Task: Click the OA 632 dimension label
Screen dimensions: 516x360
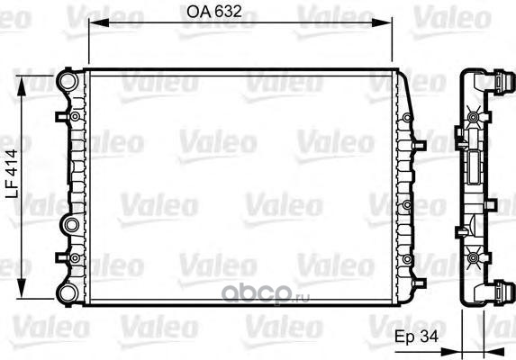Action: point(214,12)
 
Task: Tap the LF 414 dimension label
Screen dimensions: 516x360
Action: point(13,174)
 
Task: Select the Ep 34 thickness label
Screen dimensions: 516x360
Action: point(417,336)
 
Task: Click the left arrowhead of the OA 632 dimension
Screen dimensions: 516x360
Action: point(99,22)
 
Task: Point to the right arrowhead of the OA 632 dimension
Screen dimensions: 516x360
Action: point(382,22)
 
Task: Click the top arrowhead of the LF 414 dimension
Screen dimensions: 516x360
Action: point(22,86)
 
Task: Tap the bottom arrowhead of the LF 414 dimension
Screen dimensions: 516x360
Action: point(22,288)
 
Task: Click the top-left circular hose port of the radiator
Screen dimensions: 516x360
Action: point(68,80)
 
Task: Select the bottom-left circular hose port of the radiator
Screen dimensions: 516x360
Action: point(68,293)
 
